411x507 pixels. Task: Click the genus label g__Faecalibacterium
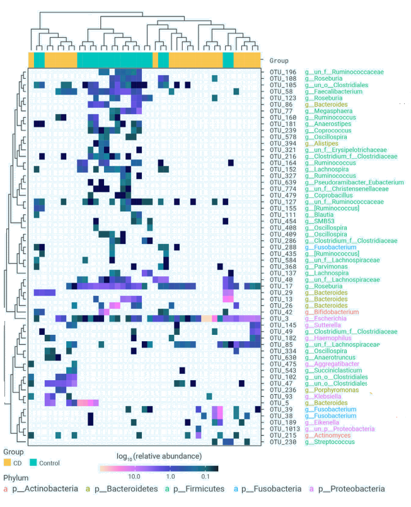(x=334, y=91)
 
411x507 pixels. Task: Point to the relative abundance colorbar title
(x=158, y=455)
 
